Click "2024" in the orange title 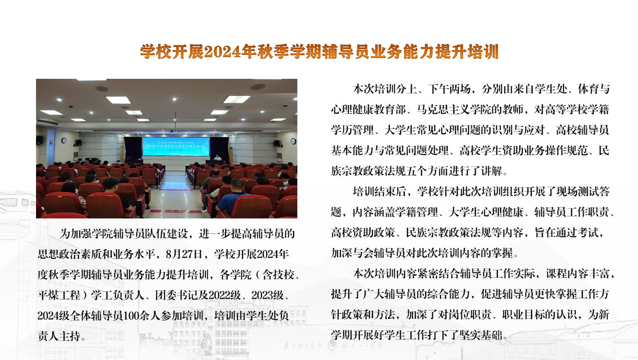click(222, 52)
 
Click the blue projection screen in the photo click(176, 146)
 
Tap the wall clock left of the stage click(64, 141)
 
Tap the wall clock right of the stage click(293, 141)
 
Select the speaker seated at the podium click(218, 157)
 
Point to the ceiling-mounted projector click(173, 131)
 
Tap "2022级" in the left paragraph click(224, 295)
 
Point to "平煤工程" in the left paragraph click(59, 295)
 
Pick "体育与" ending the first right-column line click(593, 89)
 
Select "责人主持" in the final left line click(59, 336)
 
